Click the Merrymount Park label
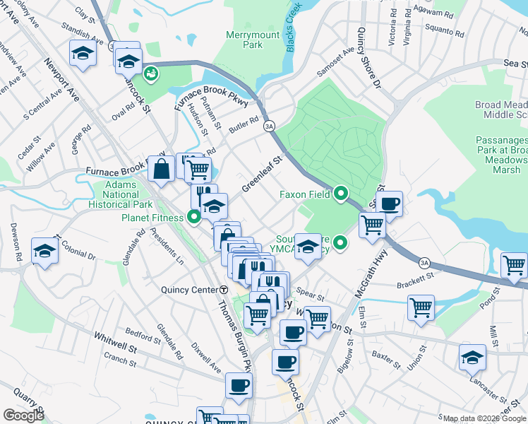(244, 40)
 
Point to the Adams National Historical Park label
(121, 194)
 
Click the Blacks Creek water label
(294, 26)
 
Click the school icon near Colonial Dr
(45, 252)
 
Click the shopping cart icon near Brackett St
(421, 307)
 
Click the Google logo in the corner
(23, 416)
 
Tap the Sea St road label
(515, 64)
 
